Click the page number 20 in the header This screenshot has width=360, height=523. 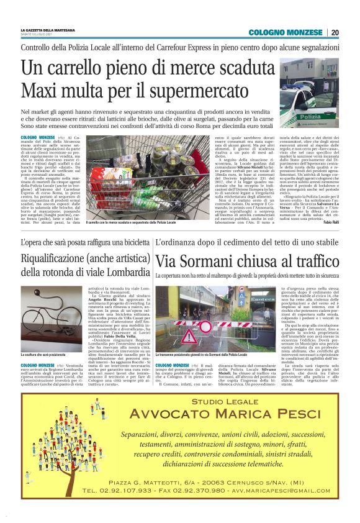[335, 32]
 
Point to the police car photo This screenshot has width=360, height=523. [308, 93]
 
